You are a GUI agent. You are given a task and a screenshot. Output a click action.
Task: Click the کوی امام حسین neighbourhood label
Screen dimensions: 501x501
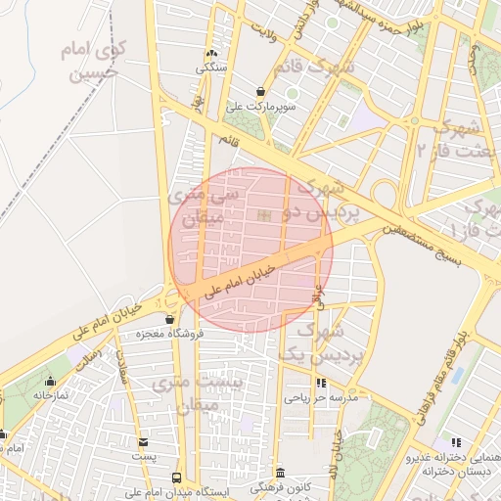pos(89,60)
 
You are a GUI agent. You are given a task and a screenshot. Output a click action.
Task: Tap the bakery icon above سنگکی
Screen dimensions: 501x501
pos(211,54)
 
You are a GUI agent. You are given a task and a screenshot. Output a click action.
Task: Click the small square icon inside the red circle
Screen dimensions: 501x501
pos(261,215)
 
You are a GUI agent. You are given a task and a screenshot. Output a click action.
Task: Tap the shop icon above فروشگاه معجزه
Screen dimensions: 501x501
pos(170,319)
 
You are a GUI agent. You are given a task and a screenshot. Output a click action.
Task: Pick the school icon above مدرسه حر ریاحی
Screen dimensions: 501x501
pos(322,383)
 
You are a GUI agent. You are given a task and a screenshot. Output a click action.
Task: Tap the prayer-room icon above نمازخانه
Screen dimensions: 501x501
pos(50,382)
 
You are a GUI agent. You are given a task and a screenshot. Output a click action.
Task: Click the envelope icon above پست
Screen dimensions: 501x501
pos(144,442)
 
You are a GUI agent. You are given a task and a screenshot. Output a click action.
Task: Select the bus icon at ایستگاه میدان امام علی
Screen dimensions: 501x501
pos(176,478)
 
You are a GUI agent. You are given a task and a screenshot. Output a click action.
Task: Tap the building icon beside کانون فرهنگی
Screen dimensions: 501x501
pos(280,473)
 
